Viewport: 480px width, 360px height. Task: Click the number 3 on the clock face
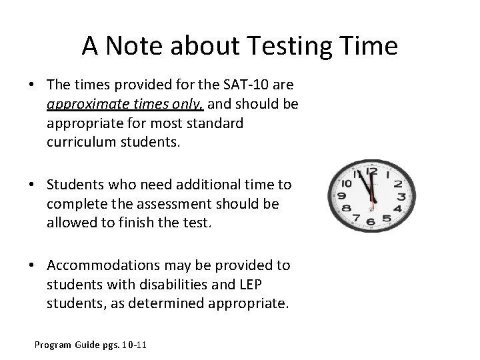401,197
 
